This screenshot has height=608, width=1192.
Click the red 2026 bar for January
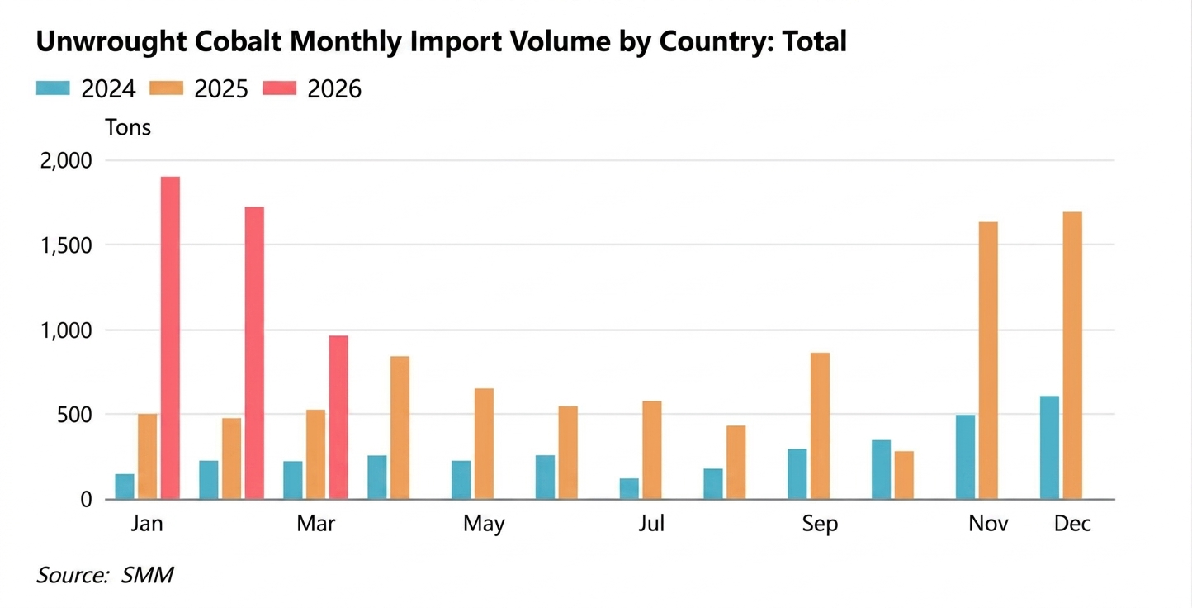pos(170,338)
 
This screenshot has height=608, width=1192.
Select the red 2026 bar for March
pos(338,417)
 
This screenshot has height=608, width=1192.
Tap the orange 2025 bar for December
pos(1072,355)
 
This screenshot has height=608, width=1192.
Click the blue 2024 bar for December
pos(1049,448)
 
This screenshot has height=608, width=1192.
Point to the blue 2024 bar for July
pos(629,489)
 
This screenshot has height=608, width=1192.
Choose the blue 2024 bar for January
pos(125,487)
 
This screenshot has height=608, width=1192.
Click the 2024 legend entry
pos(86,89)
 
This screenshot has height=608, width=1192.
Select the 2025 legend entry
pos(199,89)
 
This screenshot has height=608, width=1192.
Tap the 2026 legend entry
pos(312,89)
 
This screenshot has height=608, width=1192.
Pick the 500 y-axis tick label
pos(76,415)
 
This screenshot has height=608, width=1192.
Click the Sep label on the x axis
pos(820,524)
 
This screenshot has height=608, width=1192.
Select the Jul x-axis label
pos(651,524)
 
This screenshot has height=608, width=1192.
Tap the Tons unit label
pos(128,128)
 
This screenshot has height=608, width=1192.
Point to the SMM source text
pos(147,575)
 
